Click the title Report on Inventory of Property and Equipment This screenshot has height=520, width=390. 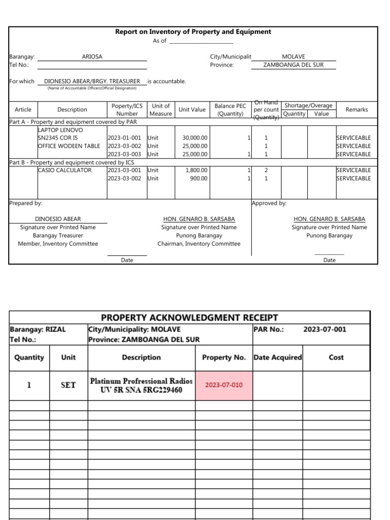[x=193, y=31]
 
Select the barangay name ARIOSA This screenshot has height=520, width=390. [x=92, y=57]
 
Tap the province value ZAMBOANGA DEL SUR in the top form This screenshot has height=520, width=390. [x=293, y=65]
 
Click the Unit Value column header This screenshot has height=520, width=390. [x=192, y=110]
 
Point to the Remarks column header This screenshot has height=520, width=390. [x=356, y=110]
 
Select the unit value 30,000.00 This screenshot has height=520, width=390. [x=194, y=138]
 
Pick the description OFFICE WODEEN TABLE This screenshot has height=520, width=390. [x=69, y=146]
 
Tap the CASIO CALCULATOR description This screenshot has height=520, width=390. [x=64, y=170]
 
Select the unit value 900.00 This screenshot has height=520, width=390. [x=199, y=178]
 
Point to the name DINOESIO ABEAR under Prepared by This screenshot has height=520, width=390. [x=57, y=219]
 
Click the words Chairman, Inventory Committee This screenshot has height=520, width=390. [x=199, y=244]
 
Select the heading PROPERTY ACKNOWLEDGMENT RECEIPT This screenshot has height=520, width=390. [x=189, y=318]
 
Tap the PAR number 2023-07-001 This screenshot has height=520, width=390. [x=324, y=329]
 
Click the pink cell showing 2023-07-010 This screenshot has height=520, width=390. [x=223, y=385]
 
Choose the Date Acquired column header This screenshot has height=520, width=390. [x=277, y=357]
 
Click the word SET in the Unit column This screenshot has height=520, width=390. [x=68, y=385]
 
